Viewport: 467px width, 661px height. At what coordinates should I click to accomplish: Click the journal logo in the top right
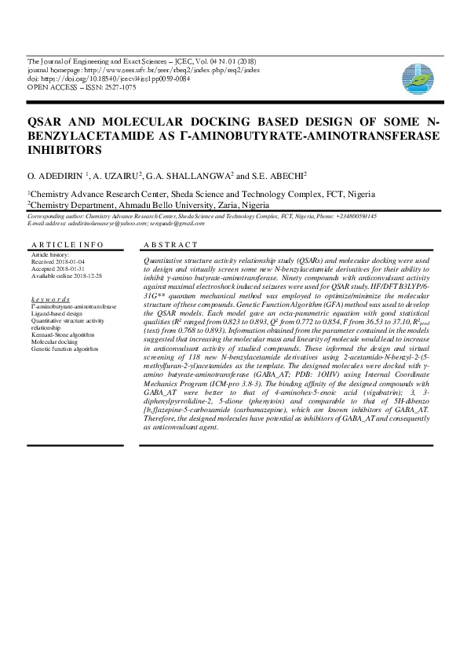click(x=417, y=77)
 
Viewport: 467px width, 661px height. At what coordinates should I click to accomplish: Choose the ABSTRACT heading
click(x=171, y=246)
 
